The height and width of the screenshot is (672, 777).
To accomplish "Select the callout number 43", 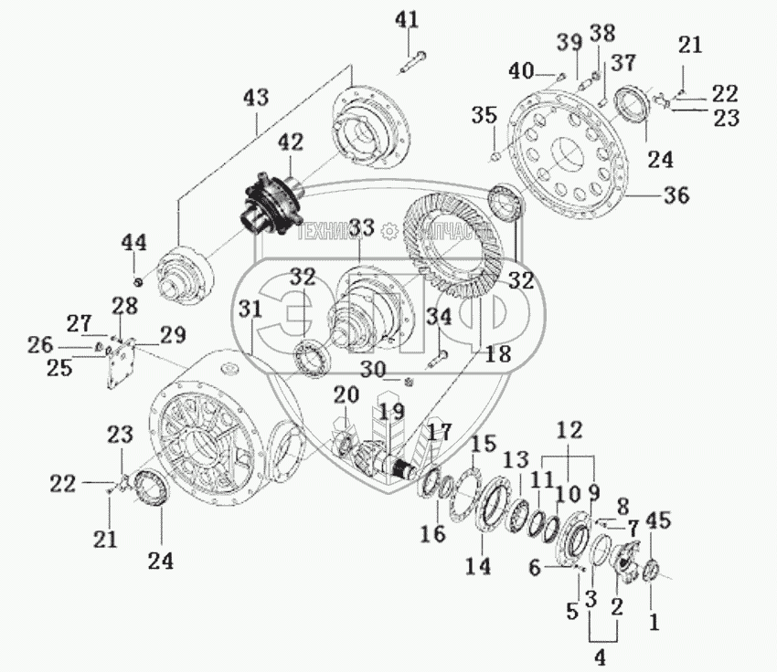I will coord(256,96).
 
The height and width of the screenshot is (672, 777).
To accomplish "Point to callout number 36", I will coord(677,194).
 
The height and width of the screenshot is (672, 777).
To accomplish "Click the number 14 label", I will coord(476,566).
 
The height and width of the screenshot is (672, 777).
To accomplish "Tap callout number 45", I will coord(658,520).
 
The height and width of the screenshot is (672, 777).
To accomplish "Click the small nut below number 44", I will coord(137,278).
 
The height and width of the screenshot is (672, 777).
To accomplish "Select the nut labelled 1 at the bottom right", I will coord(653,572).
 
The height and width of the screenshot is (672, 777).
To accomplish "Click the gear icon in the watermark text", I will coord(389,231).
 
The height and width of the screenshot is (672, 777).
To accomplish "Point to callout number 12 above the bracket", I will coord(569,428).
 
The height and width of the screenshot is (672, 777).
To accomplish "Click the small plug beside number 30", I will coord(410,379).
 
